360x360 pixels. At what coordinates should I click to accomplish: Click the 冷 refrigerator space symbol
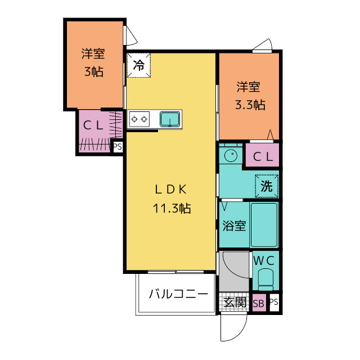[x=139, y=65]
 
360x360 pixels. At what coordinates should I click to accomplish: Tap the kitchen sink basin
[x=170, y=119]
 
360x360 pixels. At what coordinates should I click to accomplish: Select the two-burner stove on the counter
[x=139, y=119]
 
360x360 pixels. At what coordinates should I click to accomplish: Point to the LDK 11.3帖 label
[x=172, y=199]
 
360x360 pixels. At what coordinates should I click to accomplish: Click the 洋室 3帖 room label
[x=93, y=62]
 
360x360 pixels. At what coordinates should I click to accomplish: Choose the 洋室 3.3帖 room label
[x=250, y=96]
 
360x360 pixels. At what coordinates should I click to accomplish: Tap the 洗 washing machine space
[x=267, y=186]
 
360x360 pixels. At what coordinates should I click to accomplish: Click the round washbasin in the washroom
[x=231, y=156]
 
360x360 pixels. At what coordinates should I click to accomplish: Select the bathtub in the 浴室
[x=264, y=225]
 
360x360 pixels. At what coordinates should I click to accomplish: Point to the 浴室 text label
[x=234, y=226]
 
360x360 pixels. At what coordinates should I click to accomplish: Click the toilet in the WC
[x=265, y=280]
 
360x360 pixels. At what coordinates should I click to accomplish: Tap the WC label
[x=264, y=261]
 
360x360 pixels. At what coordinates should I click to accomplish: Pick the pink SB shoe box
[x=259, y=303]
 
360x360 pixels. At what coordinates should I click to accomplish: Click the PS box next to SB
[x=274, y=303]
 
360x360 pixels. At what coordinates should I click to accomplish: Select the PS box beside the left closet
[x=118, y=147]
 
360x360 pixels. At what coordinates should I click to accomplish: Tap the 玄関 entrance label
[x=235, y=303]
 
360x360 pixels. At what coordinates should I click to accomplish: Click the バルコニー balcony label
[x=178, y=294]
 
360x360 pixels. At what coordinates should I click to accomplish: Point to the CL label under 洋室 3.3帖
[x=263, y=157]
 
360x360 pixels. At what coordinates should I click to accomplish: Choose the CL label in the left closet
[x=93, y=125]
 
